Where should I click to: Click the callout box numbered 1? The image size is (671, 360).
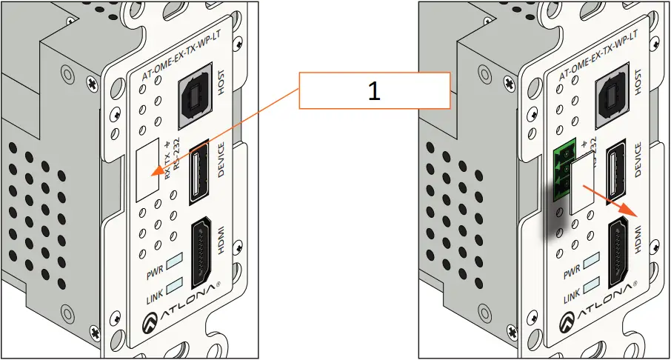click(x=374, y=91)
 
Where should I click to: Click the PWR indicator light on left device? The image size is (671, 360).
click(x=174, y=261)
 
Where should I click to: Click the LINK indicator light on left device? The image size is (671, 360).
click(x=175, y=285)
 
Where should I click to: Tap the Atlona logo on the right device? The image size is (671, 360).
click(x=598, y=305)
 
